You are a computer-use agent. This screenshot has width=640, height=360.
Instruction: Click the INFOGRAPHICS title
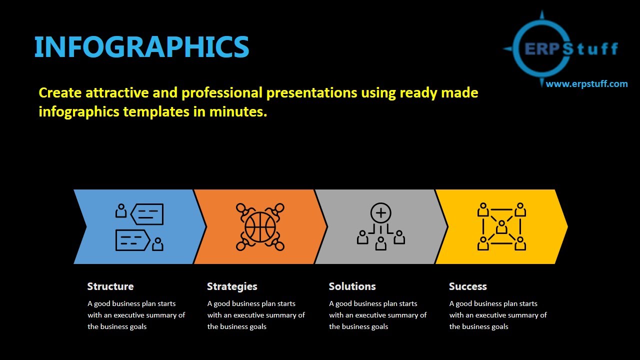click(141, 47)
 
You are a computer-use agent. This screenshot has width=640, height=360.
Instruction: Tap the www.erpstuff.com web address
click(586, 84)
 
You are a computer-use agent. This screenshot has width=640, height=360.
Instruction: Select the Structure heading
click(110, 286)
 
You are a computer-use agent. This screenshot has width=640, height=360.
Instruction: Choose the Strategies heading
click(232, 286)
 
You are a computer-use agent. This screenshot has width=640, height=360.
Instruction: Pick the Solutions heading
click(352, 286)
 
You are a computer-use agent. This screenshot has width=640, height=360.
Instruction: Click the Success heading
click(467, 286)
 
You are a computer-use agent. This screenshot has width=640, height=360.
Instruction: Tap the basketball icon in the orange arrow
click(260, 227)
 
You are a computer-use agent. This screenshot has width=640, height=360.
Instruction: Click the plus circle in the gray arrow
click(381, 213)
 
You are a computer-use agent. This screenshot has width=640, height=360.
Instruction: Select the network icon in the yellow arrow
click(501, 226)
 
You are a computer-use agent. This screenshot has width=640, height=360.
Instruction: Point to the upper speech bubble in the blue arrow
click(147, 214)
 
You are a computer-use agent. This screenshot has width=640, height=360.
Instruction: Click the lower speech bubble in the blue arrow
click(132, 240)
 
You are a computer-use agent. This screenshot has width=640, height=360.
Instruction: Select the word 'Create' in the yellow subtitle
click(60, 93)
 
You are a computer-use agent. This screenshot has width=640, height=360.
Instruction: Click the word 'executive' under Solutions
click(371, 315)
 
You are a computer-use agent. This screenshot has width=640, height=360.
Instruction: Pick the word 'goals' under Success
click(499, 326)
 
